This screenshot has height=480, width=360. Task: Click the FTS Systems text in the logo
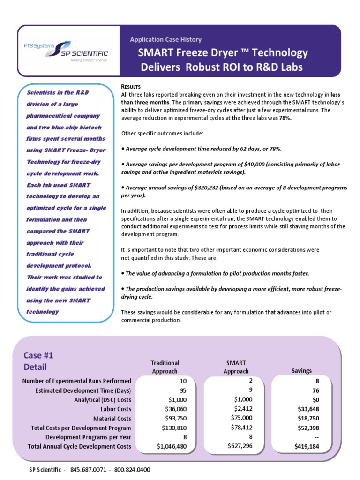point(39,45)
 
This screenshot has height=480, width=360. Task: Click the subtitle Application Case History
point(165,40)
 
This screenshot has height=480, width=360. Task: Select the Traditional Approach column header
point(165,367)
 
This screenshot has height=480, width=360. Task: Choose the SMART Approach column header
point(236,367)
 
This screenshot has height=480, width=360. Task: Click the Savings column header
point(301,371)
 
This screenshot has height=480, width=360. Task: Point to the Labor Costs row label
point(113,409)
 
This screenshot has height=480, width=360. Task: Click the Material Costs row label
point(112,419)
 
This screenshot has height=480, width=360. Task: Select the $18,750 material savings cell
point(302,418)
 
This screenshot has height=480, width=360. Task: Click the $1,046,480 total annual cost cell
point(172,446)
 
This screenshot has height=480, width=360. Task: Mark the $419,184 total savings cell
point(302,446)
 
